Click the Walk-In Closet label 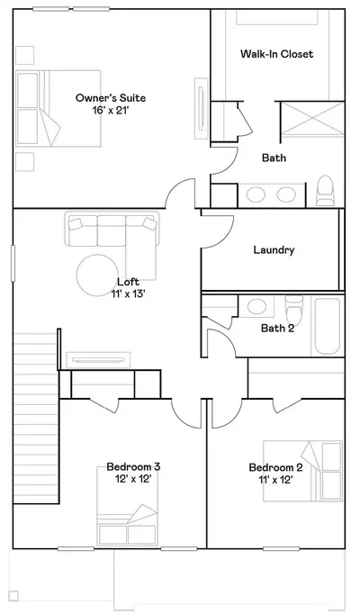[276, 54]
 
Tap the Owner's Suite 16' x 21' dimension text [111, 111]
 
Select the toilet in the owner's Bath [325, 191]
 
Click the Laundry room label [274, 249]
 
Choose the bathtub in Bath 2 [328, 326]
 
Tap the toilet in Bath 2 [294, 310]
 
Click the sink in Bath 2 [257, 307]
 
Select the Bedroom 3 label [133, 466]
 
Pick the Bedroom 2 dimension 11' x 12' [275, 480]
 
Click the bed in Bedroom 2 [303, 471]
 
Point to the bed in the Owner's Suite [58, 108]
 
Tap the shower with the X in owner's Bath [312, 119]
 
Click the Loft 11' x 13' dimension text [129, 293]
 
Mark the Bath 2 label [277, 328]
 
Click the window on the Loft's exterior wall [13, 263]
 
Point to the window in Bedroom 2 [282, 549]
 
